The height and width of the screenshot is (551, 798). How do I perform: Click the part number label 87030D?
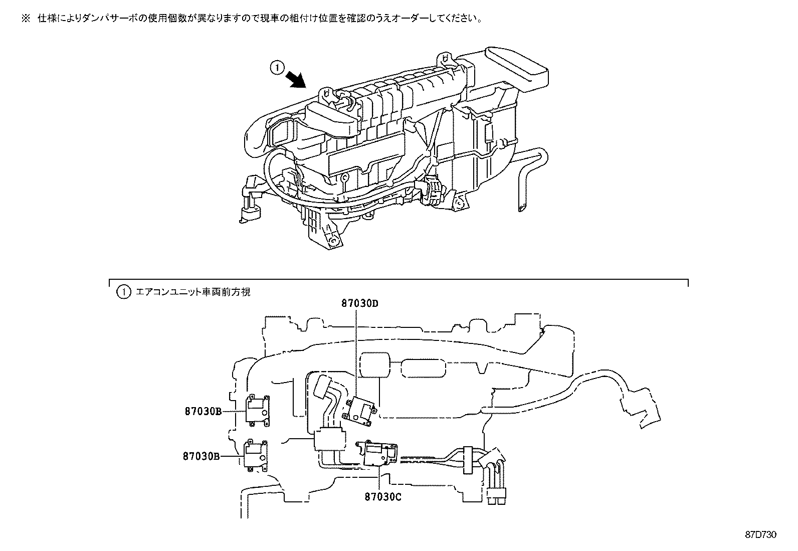359,303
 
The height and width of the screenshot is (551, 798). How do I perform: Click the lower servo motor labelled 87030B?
256,455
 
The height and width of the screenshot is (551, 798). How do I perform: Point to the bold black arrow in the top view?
296,78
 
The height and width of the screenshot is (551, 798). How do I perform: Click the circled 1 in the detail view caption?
123,291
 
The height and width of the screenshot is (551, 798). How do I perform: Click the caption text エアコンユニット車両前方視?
193,291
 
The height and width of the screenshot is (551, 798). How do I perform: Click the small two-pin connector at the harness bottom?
496,498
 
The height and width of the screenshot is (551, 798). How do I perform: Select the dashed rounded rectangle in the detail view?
424,368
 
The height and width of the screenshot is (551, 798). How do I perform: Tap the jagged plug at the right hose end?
647,413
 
